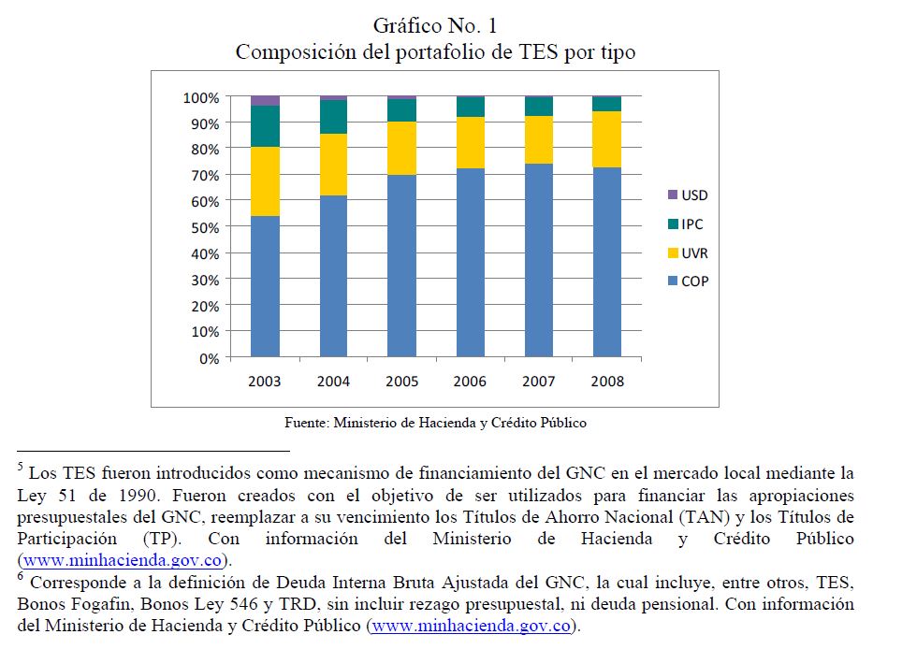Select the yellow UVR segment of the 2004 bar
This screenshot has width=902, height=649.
(x=333, y=165)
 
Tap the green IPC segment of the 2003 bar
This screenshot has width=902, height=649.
(x=265, y=126)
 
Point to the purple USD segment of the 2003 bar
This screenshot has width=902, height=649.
(x=265, y=100)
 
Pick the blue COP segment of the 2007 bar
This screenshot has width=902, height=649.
(x=538, y=260)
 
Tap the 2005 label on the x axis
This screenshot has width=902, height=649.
(x=401, y=382)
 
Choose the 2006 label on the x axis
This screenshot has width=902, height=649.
(x=470, y=382)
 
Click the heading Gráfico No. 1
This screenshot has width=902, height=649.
(x=434, y=25)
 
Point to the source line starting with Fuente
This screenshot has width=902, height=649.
(x=435, y=423)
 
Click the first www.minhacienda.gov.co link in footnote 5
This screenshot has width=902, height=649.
(x=123, y=561)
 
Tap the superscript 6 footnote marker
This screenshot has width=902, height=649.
(x=21, y=576)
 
